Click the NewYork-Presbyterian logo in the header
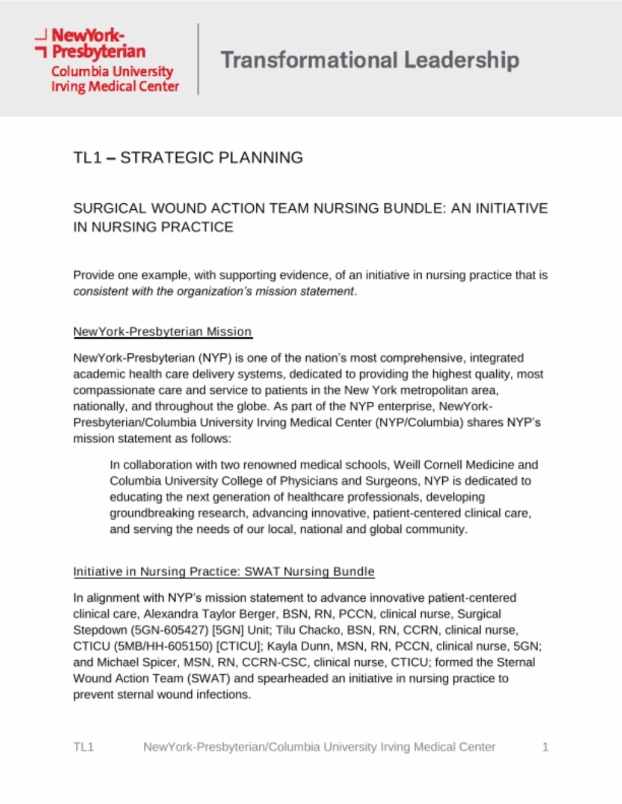107,60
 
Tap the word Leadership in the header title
462,60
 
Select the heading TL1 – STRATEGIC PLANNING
188,158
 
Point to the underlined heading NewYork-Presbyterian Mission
162,331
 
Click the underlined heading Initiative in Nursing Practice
224,571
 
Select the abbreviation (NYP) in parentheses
215,358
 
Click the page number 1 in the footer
545,747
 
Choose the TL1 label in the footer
83,747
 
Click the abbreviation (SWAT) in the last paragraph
210,678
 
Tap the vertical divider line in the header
198,59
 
